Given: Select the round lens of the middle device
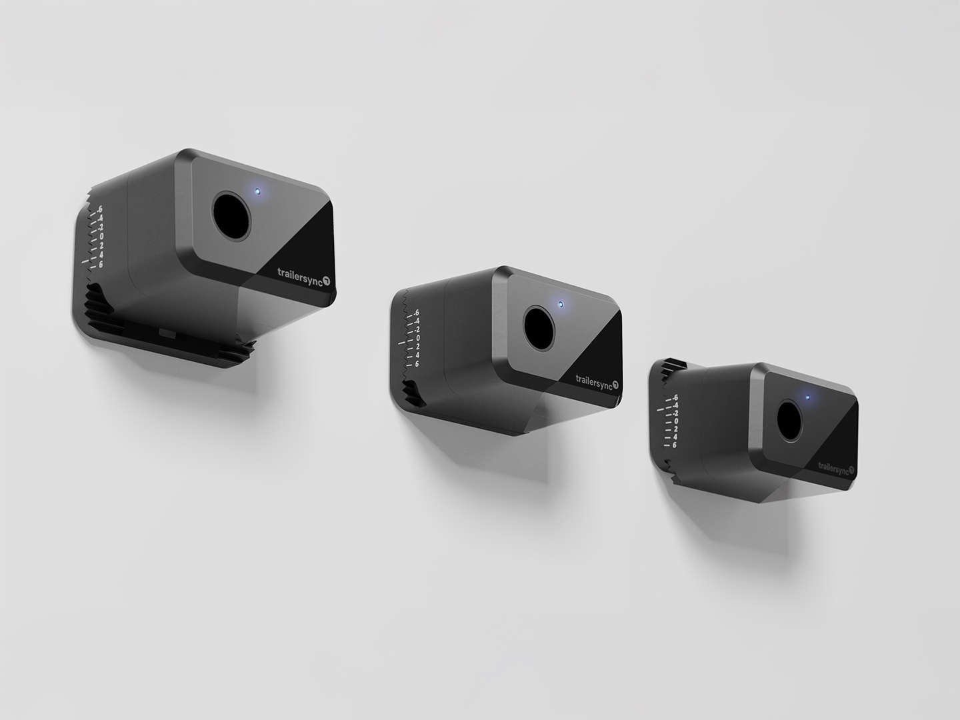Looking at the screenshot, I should [539, 327].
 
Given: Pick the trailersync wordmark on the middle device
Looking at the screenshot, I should [593, 380].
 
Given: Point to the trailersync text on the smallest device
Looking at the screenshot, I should [833, 467].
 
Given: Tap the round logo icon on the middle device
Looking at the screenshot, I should [615, 385].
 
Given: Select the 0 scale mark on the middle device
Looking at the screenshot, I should [417, 338].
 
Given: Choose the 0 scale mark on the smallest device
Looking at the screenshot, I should [675, 421].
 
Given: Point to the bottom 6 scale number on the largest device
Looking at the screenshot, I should [101, 264].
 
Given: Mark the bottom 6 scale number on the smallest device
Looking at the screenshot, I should [675, 445].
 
